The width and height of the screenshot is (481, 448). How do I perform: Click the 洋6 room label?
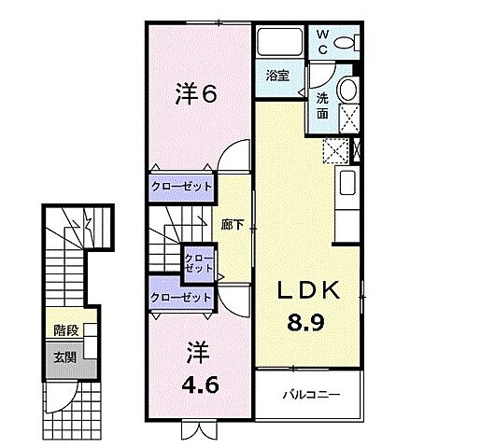pyautogui.click(x=197, y=93)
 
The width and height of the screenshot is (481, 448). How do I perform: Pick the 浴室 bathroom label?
pyautogui.click(x=276, y=75)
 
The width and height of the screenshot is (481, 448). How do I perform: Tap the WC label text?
pyautogui.click(x=321, y=43)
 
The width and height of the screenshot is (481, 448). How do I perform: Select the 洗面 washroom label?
pyautogui.click(x=321, y=105)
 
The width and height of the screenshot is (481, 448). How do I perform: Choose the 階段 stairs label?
pyautogui.click(x=65, y=330)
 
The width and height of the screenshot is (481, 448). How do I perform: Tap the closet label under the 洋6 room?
pyautogui.click(x=181, y=186)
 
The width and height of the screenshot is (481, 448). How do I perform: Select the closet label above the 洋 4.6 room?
pyautogui.click(x=181, y=297)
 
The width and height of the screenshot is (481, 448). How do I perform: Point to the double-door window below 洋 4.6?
pyautogui.click(x=197, y=430)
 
